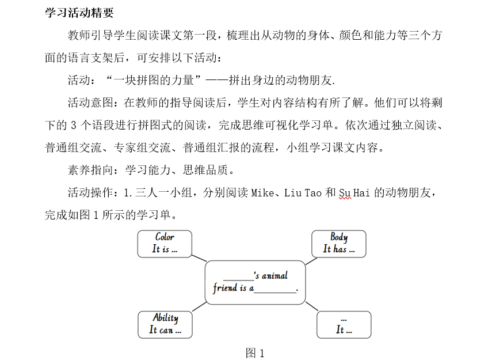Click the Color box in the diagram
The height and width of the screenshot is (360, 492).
click(165, 243)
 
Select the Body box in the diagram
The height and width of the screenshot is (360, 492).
click(338, 243)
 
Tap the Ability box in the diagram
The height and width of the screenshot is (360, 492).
click(165, 324)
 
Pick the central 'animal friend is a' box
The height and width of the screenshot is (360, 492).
click(255, 282)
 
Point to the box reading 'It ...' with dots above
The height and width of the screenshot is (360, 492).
click(344, 324)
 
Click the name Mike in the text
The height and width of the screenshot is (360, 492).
click(262, 193)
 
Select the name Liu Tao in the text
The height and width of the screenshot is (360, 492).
click(303, 193)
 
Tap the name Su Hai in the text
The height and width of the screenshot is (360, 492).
click(354, 193)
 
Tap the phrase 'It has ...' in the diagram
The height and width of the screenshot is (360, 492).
click(338, 249)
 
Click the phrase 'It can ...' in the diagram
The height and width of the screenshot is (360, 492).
click(165, 330)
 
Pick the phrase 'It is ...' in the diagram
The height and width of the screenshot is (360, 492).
click(165, 249)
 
